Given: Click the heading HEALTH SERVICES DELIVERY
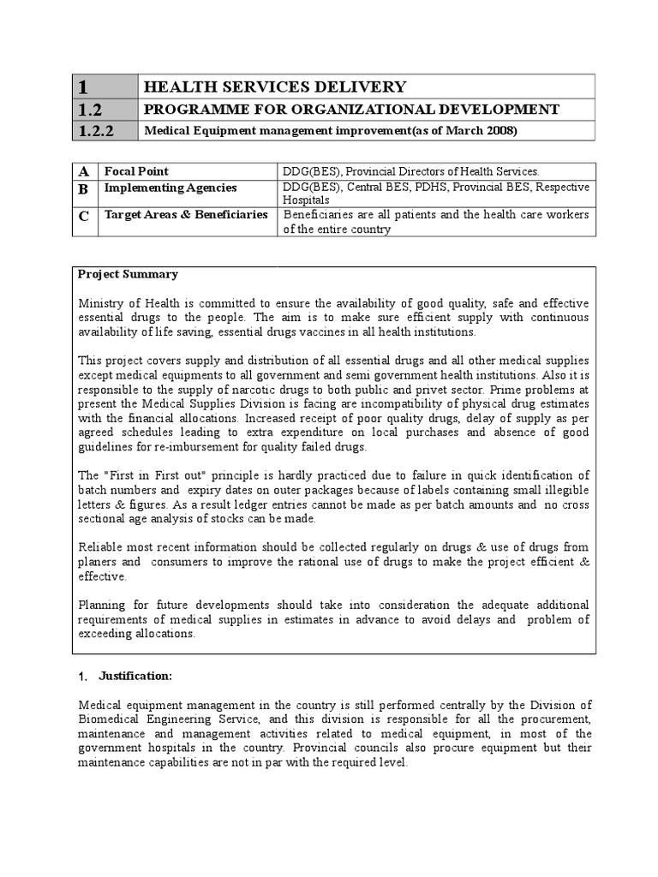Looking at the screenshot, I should (x=274, y=87).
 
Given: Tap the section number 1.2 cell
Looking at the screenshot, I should (x=90, y=110).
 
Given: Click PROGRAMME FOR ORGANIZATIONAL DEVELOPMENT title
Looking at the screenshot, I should (x=351, y=110).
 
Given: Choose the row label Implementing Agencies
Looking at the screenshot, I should (x=170, y=188).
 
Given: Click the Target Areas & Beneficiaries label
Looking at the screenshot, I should (x=186, y=215).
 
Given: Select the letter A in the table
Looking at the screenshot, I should (x=84, y=171).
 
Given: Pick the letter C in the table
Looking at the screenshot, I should (x=84, y=217).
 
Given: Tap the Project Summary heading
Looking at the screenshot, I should (x=128, y=275).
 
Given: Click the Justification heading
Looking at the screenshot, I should (x=135, y=677).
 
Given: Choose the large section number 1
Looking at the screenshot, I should (x=83, y=87).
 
